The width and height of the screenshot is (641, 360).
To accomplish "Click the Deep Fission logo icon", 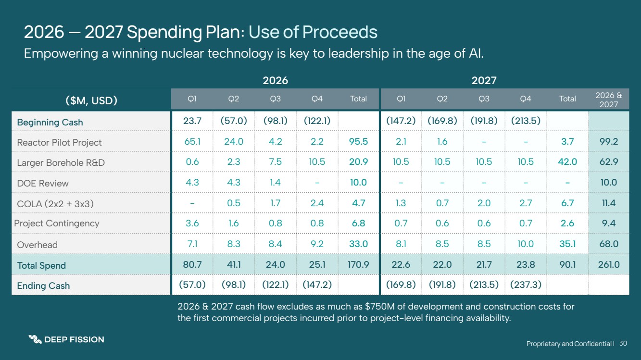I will click(x=35, y=339).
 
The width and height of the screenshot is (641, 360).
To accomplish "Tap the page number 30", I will click(x=623, y=343).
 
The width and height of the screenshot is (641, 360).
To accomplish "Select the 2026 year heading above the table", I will click(x=275, y=80).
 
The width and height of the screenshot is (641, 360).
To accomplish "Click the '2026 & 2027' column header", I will click(x=608, y=99).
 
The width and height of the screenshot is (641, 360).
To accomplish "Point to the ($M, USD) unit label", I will click(x=91, y=100).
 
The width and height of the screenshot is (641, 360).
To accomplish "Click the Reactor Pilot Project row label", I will click(x=59, y=143).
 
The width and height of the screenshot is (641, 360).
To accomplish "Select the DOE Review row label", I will click(x=43, y=183).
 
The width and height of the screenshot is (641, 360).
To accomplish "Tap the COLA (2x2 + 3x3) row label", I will click(x=55, y=204).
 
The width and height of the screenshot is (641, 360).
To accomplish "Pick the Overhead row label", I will click(x=37, y=245).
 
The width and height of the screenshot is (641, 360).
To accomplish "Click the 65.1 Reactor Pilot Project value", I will click(x=192, y=142).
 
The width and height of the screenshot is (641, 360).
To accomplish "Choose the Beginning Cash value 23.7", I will click(x=192, y=122).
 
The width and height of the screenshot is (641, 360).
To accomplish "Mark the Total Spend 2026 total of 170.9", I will click(x=358, y=265).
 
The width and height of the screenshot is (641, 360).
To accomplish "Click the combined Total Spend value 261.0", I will click(x=609, y=265).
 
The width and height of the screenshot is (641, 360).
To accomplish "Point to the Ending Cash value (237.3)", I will click(x=526, y=285).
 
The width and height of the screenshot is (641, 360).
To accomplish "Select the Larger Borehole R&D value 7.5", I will click(x=275, y=162).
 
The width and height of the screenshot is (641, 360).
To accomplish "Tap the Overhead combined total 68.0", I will click(x=609, y=244).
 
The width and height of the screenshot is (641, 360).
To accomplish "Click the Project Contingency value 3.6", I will click(x=192, y=223).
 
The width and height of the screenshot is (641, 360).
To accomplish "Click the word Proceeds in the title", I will click(x=339, y=32).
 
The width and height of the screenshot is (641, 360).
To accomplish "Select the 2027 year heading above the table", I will click(x=484, y=80).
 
